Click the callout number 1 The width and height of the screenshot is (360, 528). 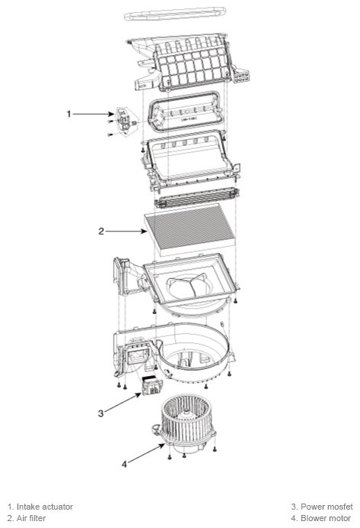69,114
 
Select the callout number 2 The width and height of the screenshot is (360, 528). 101,232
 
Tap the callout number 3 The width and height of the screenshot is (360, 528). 101,413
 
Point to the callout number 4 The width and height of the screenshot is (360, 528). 125,464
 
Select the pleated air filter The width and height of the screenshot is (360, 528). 190,230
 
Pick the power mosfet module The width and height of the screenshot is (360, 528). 152,386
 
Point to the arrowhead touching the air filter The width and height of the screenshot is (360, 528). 144,232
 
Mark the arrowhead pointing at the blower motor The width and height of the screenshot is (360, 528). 162,445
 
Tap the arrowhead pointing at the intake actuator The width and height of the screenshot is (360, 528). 113,114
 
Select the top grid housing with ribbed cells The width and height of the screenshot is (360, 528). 190,63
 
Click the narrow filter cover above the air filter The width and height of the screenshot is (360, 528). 196,198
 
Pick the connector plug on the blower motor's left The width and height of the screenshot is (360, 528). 156,429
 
